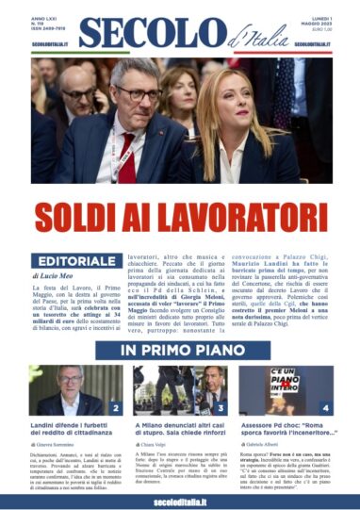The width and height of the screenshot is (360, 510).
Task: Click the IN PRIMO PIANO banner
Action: click(179, 350)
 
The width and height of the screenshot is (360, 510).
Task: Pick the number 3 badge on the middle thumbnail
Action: click(220, 407)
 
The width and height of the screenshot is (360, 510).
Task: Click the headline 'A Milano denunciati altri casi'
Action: click(179, 430)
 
